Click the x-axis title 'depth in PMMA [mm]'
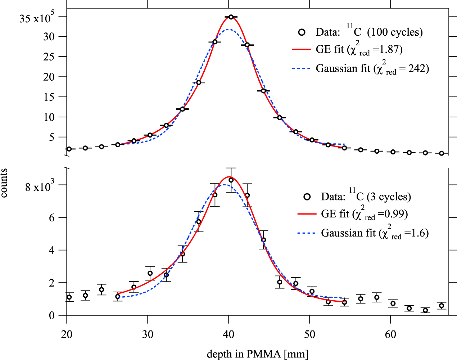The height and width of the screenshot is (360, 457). (x=258, y=354)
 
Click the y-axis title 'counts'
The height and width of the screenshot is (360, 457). (x=4, y=183)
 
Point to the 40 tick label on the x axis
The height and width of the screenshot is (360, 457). (x=228, y=334)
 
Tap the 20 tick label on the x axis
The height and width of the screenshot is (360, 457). (x=67, y=334)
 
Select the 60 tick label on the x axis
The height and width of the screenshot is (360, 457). (x=390, y=334)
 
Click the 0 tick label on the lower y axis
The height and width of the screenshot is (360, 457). (x=53, y=315)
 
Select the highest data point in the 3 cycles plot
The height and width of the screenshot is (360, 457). (x=231, y=180)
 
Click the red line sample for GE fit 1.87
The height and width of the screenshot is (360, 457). (x=302, y=49)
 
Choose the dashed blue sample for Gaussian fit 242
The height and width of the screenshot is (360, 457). (x=302, y=68)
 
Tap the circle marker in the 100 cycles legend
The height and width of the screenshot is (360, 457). (x=302, y=32)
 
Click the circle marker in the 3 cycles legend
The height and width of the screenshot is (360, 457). (x=307, y=197)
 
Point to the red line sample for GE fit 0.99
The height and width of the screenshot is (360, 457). (x=307, y=214)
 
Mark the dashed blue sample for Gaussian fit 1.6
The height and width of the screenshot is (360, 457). (x=307, y=233)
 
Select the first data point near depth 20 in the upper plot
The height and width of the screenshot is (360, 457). (x=69, y=149)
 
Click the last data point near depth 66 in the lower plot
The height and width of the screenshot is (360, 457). (x=442, y=306)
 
